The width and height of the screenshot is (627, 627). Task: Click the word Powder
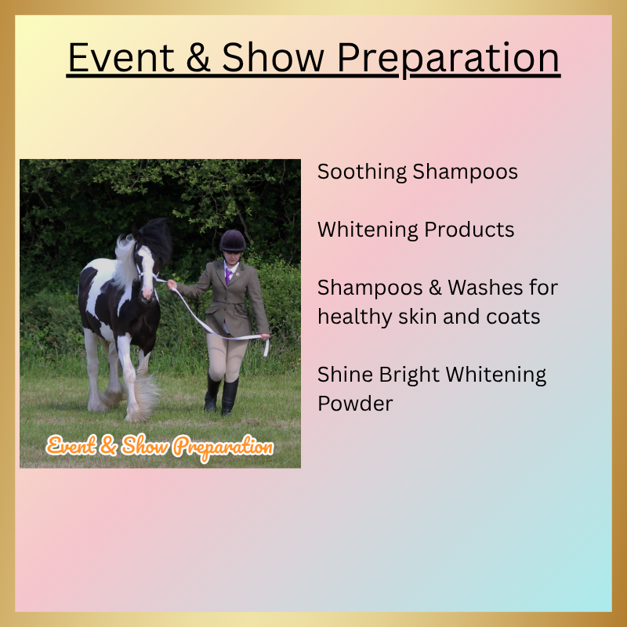[x=354, y=403]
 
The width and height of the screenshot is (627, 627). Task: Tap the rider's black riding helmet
[x=232, y=240]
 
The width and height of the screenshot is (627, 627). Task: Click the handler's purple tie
[x=228, y=274]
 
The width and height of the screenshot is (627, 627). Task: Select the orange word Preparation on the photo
[x=223, y=448]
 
